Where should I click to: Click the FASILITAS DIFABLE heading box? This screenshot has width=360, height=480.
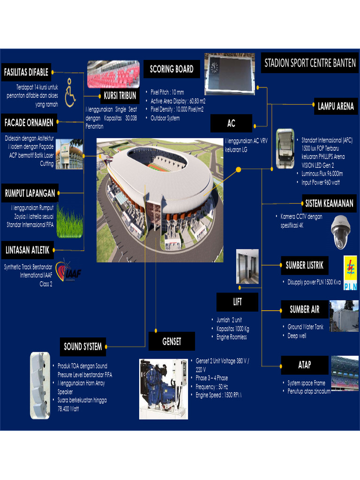pos(26,72)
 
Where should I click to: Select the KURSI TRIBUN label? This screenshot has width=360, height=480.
pos(120,96)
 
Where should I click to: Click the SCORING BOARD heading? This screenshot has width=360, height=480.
pos(172,69)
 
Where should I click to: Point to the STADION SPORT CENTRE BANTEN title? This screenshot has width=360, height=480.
pos(310,63)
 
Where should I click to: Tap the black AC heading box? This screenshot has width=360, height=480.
pos(231,124)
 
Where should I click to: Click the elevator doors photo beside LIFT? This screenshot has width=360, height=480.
pos(247,266)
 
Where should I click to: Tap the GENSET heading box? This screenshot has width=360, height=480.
pos(172,342)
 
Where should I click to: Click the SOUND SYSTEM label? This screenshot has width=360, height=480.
pos(83,347)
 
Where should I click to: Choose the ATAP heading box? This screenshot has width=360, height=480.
pos(304,365)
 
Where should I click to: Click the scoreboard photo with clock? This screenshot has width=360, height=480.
pos(229,74)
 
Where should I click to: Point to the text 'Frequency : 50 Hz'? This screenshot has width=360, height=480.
pos(211,387)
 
